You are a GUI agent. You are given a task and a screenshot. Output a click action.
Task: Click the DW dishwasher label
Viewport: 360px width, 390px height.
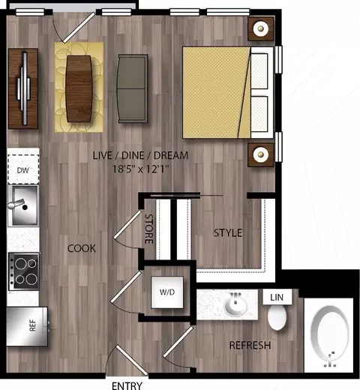(23, 170)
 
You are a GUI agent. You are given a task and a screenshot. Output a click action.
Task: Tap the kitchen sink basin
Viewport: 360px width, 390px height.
(23, 205)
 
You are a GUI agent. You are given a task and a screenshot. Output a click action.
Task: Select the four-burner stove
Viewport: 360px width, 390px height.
(24, 271)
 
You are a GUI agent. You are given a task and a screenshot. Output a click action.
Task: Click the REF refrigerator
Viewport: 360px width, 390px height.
(27, 326)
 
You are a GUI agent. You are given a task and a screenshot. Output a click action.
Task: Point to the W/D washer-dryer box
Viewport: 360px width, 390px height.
(167, 292)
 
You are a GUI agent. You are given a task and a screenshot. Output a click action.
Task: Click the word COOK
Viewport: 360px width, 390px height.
(82, 248)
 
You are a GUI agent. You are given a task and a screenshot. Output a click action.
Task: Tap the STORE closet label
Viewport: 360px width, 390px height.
(149, 229)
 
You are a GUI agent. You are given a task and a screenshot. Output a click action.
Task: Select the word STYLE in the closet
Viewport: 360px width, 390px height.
(228, 232)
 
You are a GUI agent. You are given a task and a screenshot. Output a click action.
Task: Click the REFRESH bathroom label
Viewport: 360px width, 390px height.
(250, 345)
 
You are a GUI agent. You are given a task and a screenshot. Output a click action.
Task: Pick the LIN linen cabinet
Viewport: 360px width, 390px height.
(277, 297)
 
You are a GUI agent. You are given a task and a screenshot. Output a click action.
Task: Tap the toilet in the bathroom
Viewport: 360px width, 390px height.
(277, 318)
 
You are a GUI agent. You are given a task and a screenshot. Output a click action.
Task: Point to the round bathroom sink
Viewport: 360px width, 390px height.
(235, 304)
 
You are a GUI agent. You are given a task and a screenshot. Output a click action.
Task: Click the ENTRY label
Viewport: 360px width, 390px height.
(127, 385)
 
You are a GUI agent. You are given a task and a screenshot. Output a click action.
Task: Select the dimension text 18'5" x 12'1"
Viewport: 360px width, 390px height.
(141, 169)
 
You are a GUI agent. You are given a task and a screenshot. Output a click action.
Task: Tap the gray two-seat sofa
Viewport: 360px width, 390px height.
(132, 88)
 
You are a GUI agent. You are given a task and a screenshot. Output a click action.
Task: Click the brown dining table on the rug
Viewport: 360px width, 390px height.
(79, 88)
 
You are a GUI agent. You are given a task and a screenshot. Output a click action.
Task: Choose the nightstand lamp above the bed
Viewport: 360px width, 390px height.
(260, 28)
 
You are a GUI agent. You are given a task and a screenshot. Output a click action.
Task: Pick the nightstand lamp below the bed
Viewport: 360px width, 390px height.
(260, 154)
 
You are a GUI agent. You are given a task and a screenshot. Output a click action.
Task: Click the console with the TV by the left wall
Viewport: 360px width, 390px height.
(23, 88)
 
